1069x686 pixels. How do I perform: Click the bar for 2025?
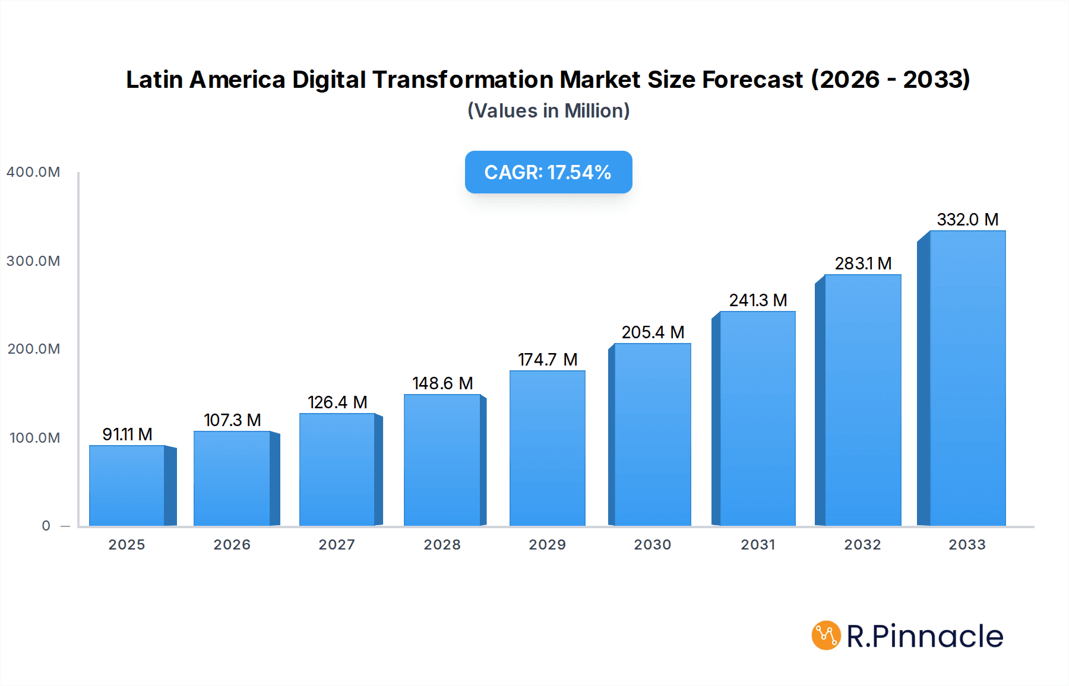[127, 485]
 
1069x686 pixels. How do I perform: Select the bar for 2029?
[547, 449]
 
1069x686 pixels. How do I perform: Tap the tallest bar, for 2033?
[967, 379]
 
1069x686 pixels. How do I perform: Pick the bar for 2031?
[757, 418]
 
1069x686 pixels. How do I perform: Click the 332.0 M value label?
[967, 220]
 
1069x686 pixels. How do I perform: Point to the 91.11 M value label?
[127, 434]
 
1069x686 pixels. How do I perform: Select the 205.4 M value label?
[653, 332]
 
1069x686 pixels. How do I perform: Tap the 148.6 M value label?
[442, 383]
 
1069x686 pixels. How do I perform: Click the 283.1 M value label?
[863, 263]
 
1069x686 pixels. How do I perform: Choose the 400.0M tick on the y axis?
[33, 172]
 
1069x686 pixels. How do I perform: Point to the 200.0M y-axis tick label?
[34, 349]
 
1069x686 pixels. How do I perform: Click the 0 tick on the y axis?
[46, 526]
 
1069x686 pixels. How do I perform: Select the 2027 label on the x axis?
[337, 545]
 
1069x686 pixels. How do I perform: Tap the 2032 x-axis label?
[862, 545]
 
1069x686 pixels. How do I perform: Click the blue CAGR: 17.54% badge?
[548, 172]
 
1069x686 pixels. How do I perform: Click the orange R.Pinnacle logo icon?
[826, 636]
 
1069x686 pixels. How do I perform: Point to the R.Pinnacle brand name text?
[925, 636]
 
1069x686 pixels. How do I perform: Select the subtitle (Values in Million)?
[548, 111]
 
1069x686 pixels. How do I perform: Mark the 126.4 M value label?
[337, 402]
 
